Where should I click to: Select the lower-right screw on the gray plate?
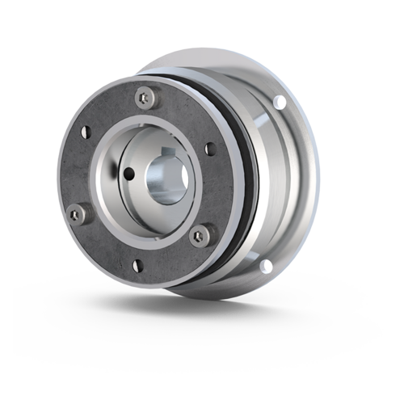coord(202,234)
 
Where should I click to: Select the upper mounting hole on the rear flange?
coord(280,101)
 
